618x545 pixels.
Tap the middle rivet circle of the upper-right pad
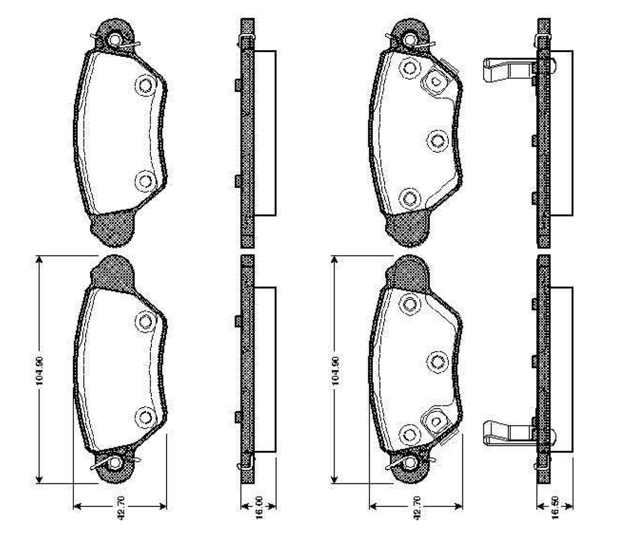pyautogui.click(x=438, y=141)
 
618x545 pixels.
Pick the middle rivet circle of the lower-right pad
pyautogui.click(x=438, y=361)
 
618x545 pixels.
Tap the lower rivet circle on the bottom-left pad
pyautogui.click(x=144, y=417)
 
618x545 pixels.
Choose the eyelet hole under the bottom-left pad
pyautogui.click(x=115, y=464)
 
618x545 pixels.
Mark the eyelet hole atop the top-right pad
pyautogui.click(x=410, y=39)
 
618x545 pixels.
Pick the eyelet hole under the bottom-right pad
pyautogui.click(x=410, y=464)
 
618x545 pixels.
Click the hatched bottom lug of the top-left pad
pyautogui.click(x=113, y=229)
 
